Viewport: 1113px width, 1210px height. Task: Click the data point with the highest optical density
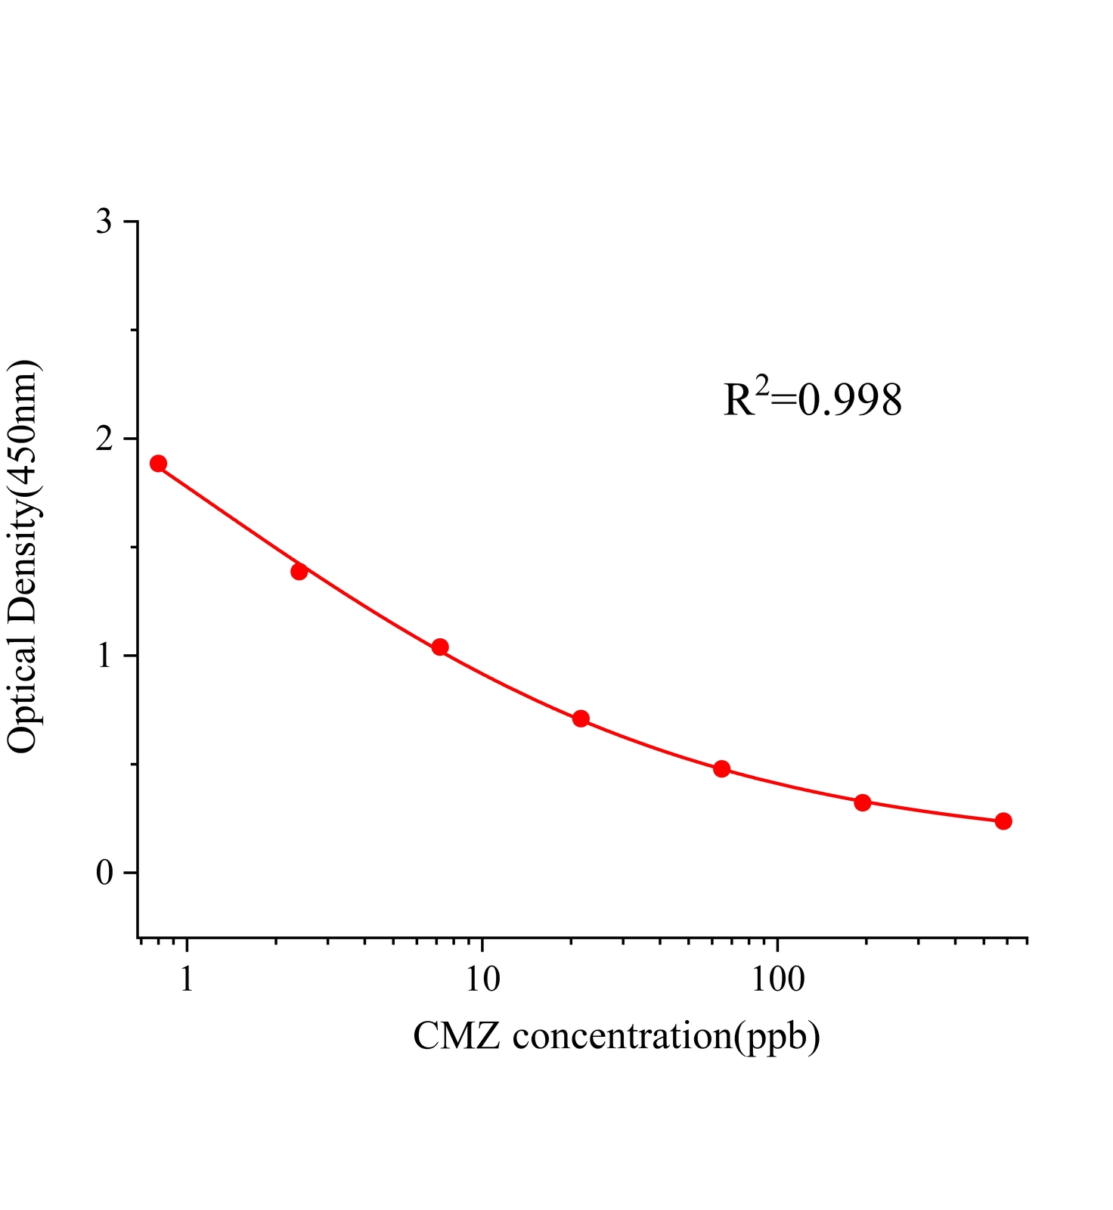tap(158, 464)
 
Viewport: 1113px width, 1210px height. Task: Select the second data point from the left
tap(299, 571)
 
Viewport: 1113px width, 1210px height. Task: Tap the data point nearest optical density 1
tap(440, 647)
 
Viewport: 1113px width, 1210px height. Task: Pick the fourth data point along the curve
tap(581, 718)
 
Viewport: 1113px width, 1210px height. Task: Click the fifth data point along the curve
tap(721, 769)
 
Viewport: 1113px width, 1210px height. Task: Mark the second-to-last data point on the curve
tap(863, 802)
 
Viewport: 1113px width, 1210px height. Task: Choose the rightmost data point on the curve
tap(1003, 821)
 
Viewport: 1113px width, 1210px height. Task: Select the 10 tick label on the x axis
tap(482, 980)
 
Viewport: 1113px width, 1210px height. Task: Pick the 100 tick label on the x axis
tap(778, 980)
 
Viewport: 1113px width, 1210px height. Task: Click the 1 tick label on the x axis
tap(186, 980)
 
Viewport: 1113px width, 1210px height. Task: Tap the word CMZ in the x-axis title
tap(456, 1035)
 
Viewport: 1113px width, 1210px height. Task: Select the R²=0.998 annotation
tap(813, 399)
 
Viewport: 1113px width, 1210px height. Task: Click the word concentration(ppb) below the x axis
tap(666, 1037)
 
